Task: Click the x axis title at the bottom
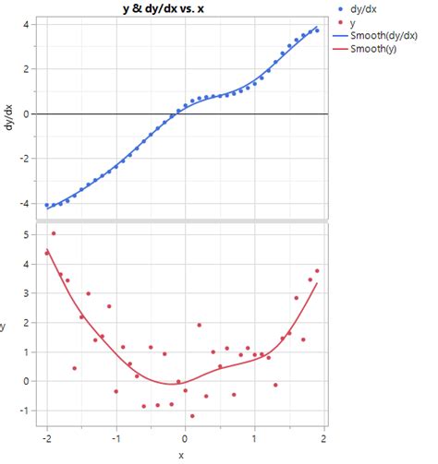(181, 455)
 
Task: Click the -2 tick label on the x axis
(45, 438)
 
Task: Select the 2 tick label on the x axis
(325, 438)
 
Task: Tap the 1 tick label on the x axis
(256, 438)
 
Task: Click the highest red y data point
(54, 233)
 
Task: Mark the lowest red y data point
(192, 416)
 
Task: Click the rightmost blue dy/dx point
(317, 30)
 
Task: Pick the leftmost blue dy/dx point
(47, 205)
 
